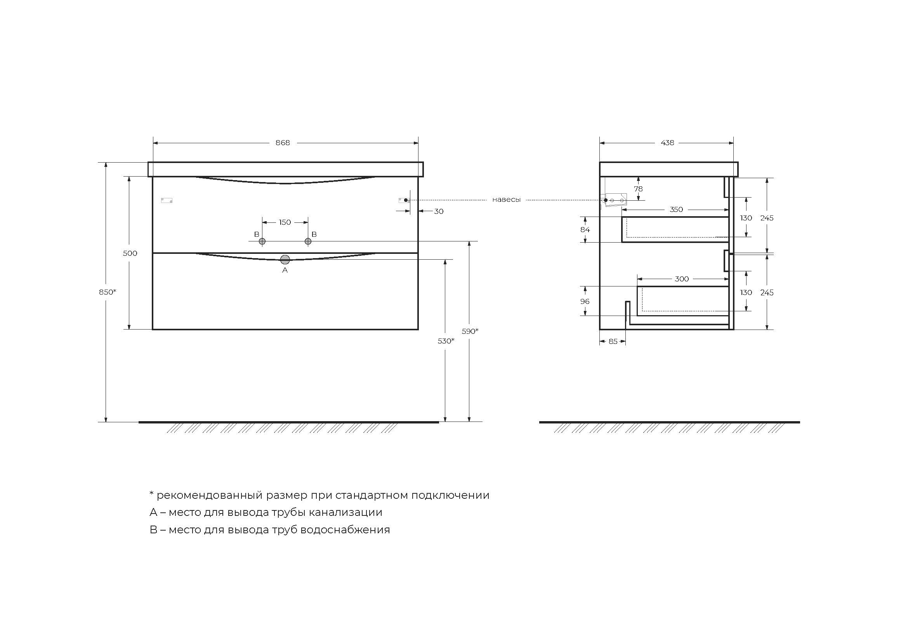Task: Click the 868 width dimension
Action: [282, 143]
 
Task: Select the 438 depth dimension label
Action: [667, 143]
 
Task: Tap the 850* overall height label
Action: [107, 292]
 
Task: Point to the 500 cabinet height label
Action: [130, 253]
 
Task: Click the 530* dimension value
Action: [446, 341]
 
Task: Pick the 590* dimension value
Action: [470, 331]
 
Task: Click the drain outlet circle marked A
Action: [285, 260]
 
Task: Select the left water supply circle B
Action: [262, 241]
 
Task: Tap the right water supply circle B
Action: [308, 241]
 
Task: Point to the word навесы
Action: [506, 200]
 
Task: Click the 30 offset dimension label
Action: [439, 212]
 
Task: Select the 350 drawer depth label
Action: [676, 210]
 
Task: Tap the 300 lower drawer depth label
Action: [681, 279]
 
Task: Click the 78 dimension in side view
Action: [638, 189]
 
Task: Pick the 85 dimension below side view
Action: [613, 342]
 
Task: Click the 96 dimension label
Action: [585, 302]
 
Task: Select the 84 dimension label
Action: [585, 230]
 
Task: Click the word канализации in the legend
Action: [345, 512]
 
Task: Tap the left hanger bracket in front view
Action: [167, 200]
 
